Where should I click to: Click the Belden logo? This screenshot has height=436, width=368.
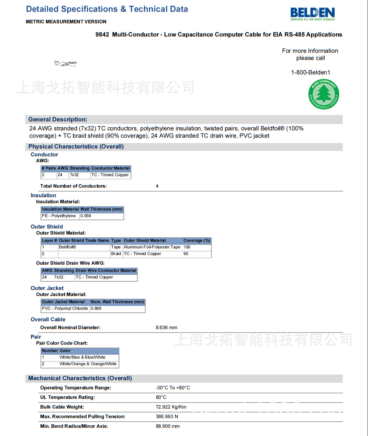point(312,13)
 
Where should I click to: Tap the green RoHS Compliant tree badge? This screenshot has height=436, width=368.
point(323,95)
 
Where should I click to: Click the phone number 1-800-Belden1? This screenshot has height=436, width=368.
point(310,72)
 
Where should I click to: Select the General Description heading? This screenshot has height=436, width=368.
point(58,119)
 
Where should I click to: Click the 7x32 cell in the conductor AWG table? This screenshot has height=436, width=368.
point(74,175)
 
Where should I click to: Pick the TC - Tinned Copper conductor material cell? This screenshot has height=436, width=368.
point(110,175)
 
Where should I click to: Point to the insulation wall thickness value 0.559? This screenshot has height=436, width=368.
point(86,216)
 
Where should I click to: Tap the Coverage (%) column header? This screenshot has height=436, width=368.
point(196,240)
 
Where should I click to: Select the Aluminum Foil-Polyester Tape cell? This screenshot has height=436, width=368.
point(152,247)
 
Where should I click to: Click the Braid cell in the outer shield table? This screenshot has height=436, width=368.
point(116,254)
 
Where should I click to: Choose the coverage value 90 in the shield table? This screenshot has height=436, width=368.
point(186,254)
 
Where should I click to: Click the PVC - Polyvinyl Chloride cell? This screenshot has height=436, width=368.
point(65,308)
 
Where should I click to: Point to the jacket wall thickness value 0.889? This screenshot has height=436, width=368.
point(96,308)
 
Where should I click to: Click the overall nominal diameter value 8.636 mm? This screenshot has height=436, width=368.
point(166,327)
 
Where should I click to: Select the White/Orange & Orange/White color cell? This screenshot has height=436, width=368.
point(88,364)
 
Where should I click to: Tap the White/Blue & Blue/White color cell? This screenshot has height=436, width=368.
point(83,357)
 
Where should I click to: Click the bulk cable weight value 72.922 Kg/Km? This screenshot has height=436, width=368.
point(171,407)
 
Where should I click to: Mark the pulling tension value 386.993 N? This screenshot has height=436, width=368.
point(167,417)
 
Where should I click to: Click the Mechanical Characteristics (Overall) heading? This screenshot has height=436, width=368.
point(80,378)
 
